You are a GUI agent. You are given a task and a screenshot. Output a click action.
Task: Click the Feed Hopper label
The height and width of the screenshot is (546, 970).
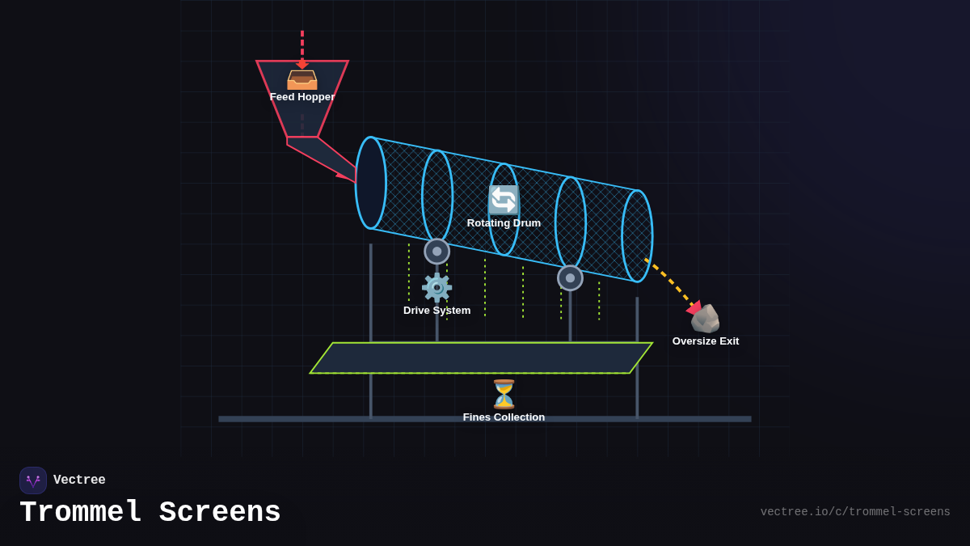click(302, 97)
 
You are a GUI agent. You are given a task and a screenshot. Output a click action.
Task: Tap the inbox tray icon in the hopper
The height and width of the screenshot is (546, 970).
click(302, 79)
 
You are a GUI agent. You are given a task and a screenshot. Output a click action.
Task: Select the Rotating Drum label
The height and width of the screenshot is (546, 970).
click(504, 223)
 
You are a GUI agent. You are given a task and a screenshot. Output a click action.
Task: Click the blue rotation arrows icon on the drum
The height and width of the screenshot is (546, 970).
click(503, 200)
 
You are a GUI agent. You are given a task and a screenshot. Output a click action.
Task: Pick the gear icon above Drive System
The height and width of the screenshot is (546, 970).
click(436, 287)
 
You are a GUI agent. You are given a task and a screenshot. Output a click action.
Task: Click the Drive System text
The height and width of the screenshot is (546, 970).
click(436, 311)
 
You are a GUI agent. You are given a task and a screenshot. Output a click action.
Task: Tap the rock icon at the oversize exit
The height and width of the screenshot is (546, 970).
click(705, 319)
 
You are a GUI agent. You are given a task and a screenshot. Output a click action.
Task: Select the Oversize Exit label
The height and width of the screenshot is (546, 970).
click(705, 341)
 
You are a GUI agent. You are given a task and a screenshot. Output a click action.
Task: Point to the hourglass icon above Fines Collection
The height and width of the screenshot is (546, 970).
click(504, 395)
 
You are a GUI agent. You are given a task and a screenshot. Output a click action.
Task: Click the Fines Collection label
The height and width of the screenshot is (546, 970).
click(504, 417)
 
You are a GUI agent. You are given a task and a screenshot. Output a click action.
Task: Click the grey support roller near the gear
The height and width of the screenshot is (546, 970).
click(437, 252)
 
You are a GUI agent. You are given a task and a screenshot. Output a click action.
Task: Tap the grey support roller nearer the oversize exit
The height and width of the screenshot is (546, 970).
click(570, 278)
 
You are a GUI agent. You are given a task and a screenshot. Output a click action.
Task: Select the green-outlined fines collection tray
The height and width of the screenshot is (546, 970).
click(481, 358)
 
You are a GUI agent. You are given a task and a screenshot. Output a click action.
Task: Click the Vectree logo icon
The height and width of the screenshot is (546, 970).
click(33, 480)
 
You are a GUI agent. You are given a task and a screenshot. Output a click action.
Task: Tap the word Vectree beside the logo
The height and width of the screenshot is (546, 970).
click(79, 480)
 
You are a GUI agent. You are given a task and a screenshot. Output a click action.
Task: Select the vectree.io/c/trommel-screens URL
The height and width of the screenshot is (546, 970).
click(855, 512)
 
